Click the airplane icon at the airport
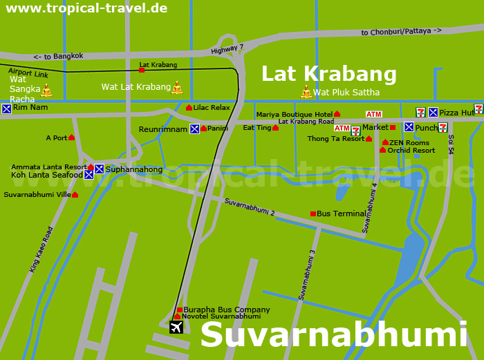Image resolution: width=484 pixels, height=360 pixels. [176, 327]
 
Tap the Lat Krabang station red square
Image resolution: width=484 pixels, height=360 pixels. [142, 70]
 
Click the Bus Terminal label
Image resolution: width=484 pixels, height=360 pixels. [341, 214]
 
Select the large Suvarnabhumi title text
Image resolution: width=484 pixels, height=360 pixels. [334, 335]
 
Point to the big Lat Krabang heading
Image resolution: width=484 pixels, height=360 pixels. [328, 74]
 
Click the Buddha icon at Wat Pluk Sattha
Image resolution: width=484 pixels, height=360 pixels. [306, 91]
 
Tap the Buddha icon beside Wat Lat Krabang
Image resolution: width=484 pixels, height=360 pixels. [177, 87]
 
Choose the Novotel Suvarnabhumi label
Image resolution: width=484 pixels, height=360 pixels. [221, 316]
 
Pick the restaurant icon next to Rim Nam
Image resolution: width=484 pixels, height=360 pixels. [6, 108]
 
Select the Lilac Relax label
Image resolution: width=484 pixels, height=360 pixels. [212, 108]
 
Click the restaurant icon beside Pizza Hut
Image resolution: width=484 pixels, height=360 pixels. [433, 112]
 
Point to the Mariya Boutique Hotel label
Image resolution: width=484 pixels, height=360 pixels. [295, 115]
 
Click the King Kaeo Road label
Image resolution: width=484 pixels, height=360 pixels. [41, 249]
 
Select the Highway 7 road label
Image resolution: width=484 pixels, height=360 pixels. [227, 49]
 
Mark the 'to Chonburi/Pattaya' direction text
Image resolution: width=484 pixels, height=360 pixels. [401, 32]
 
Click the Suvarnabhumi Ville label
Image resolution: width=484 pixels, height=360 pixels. [37, 195]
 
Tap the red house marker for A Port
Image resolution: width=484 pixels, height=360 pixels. [71, 138]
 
